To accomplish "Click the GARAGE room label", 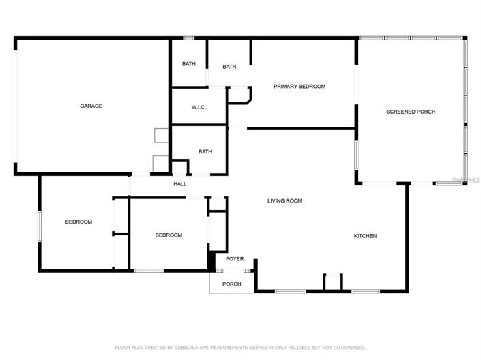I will pos(91,106).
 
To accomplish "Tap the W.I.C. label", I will pos(199,108).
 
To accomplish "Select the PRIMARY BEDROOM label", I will pos(299,87).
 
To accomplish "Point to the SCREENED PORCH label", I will pos(411,112).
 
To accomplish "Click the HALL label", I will pos(180,184).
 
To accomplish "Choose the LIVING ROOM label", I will pos(285,201).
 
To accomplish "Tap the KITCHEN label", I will pos(365,236).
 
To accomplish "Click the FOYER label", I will pos(235,259).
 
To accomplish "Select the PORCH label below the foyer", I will pos(232,284).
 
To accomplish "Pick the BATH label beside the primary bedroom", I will pos(229,67).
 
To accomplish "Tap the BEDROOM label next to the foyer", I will pos(169,235).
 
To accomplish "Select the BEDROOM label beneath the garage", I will pos(78,222).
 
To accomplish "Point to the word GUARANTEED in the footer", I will pos(351,348).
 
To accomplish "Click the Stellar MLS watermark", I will pos(467,180).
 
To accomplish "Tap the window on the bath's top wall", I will pos(189,37).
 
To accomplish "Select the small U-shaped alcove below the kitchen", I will pos(332,283).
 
